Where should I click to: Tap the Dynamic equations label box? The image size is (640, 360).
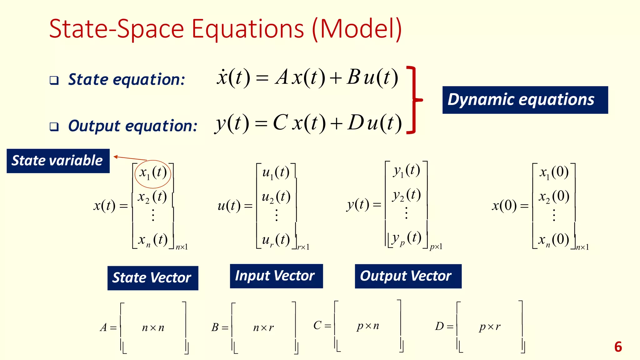[525, 100]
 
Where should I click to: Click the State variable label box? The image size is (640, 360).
[58, 161]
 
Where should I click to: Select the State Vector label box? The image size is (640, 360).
[152, 278]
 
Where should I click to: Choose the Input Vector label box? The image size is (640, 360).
[276, 276]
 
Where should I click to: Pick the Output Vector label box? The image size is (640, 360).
[408, 276]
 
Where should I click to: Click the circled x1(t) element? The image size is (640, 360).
[153, 173]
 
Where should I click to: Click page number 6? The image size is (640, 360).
[618, 347]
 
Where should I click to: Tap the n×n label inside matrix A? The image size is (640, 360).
[153, 327]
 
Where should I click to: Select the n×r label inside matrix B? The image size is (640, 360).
[263, 327]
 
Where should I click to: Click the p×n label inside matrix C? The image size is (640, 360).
[368, 326]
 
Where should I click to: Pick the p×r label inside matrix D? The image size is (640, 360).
[489, 327]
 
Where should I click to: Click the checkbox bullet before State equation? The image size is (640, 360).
[54, 80]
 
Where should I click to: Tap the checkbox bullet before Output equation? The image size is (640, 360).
[54, 127]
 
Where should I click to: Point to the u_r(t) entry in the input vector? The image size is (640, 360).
[276, 240]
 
